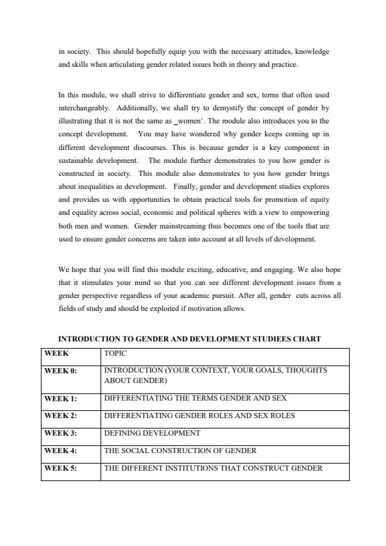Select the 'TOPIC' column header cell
(115, 354)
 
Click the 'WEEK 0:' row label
(60, 371)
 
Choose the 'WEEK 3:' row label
(60, 433)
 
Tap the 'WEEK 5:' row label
(60, 468)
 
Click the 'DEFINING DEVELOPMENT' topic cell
(152, 433)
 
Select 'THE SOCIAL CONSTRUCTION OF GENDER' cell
(180, 451)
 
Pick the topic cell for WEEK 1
(195, 398)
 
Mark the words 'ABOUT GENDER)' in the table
(136, 381)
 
